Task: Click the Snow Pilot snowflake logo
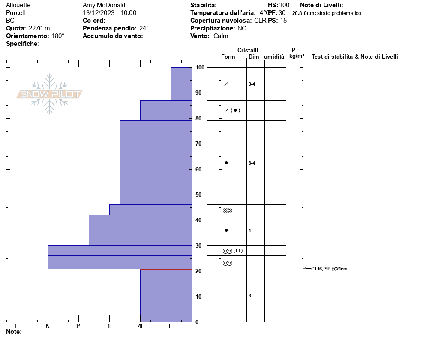(50, 94)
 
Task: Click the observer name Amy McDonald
(104, 5)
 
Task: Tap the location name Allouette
(18, 5)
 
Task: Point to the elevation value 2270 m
(39, 28)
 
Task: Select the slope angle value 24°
(144, 28)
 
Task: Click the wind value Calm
(221, 36)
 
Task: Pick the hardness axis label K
(47, 326)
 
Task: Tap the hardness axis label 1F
(110, 326)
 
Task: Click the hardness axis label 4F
(141, 326)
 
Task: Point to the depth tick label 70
(199, 144)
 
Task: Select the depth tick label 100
(200, 68)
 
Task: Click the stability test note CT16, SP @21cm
(329, 269)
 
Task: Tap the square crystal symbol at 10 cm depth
(226, 296)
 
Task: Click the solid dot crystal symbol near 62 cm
(226, 163)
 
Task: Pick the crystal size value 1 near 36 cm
(250, 231)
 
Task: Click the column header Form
(228, 57)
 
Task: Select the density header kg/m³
(297, 56)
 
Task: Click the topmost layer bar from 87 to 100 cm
(181, 84)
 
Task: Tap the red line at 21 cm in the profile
(166, 269)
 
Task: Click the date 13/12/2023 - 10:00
(110, 13)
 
